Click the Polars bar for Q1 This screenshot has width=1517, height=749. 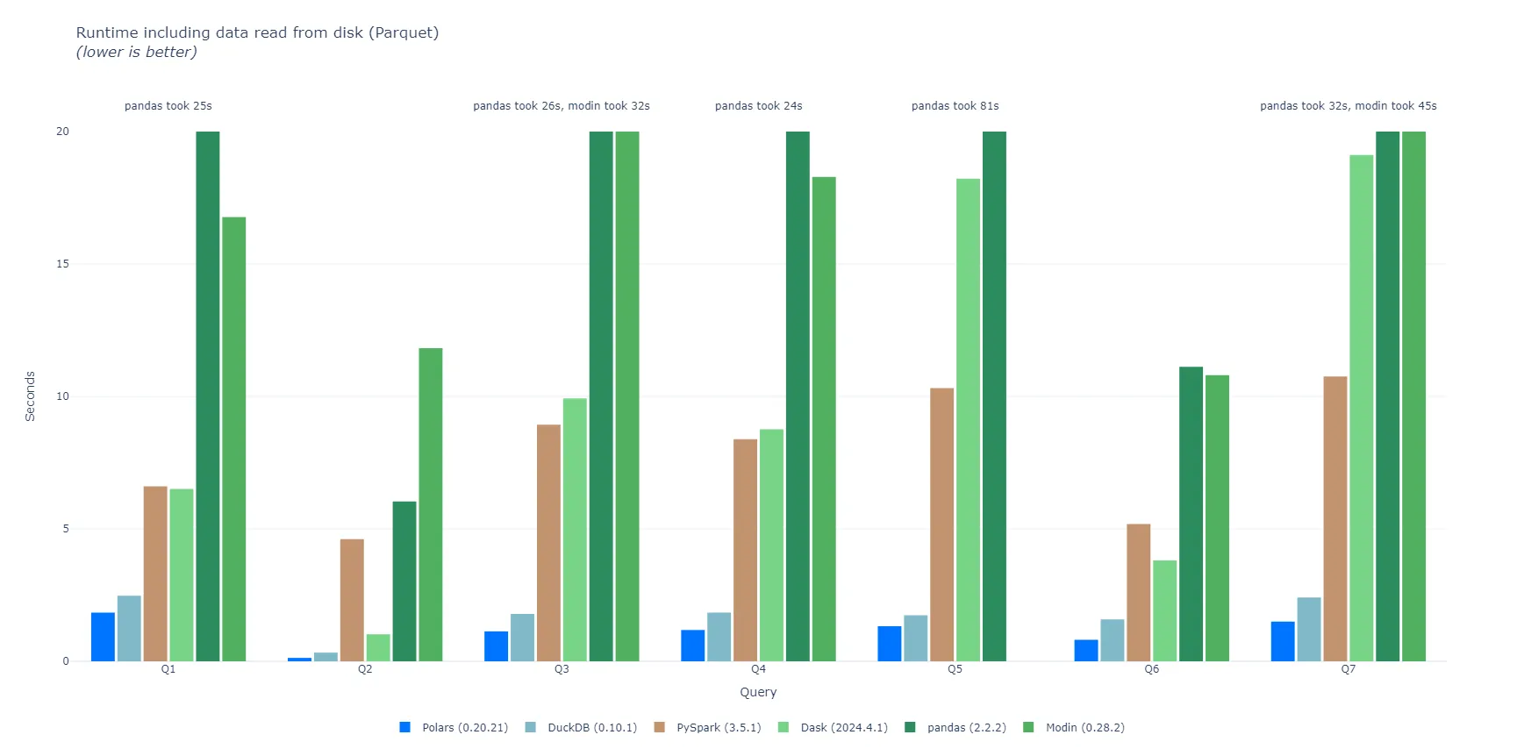pyautogui.click(x=103, y=637)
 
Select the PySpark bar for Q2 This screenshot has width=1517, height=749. pyautogui.click(x=352, y=600)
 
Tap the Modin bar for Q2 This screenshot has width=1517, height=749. pyautogui.click(x=431, y=504)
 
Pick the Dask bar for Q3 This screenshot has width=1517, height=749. pyautogui.click(x=575, y=530)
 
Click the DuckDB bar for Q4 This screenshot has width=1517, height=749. pyautogui.click(x=719, y=637)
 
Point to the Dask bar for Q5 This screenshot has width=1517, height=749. pyautogui.click(x=968, y=420)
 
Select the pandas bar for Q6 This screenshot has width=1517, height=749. pyautogui.click(x=1191, y=514)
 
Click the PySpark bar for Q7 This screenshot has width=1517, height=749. pyautogui.click(x=1335, y=518)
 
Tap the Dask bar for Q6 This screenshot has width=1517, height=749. pyautogui.click(x=1164, y=610)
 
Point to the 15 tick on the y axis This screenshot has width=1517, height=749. pyautogui.click(x=62, y=264)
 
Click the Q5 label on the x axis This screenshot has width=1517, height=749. pyautogui.click(x=955, y=669)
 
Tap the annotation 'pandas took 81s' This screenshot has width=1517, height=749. pyautogui.click(x=955, y=106)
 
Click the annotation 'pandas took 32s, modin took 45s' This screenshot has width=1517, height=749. pyautogui.click(x=1348, y=106)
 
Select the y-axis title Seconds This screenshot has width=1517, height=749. pyautogui.click(x=30, y=396)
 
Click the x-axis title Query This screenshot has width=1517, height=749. pyautogui.click(x=758, y=692)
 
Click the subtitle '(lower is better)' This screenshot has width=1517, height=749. pyautogui.click(x=136, y=52)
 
